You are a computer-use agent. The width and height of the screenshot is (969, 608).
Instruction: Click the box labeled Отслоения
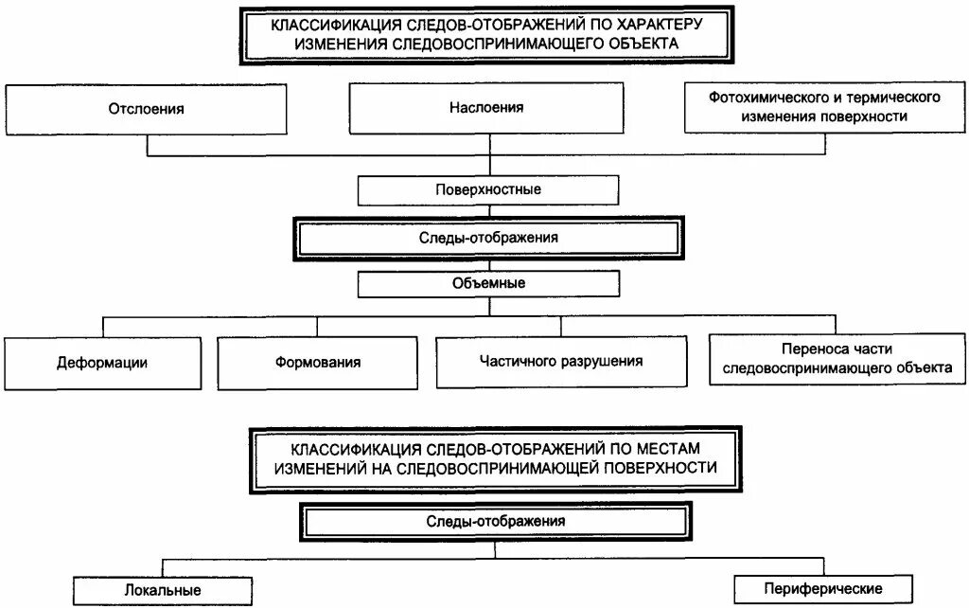(146, 108)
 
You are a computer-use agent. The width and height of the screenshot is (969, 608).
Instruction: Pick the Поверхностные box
(488, 189)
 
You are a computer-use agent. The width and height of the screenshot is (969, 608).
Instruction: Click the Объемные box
(488, 283)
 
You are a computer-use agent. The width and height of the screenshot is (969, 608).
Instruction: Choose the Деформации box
(101, 362)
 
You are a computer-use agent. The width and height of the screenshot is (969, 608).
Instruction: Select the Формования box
(318, 362)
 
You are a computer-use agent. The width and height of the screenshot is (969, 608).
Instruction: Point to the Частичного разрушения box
(561, 361)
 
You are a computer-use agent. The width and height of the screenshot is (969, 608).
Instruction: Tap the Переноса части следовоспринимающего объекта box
(837, 358)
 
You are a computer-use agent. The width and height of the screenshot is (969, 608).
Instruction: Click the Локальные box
(162, 589)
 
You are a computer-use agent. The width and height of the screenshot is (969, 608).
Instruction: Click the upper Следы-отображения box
(489, 238)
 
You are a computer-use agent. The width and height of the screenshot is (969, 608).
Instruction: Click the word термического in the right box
(892, 98)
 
